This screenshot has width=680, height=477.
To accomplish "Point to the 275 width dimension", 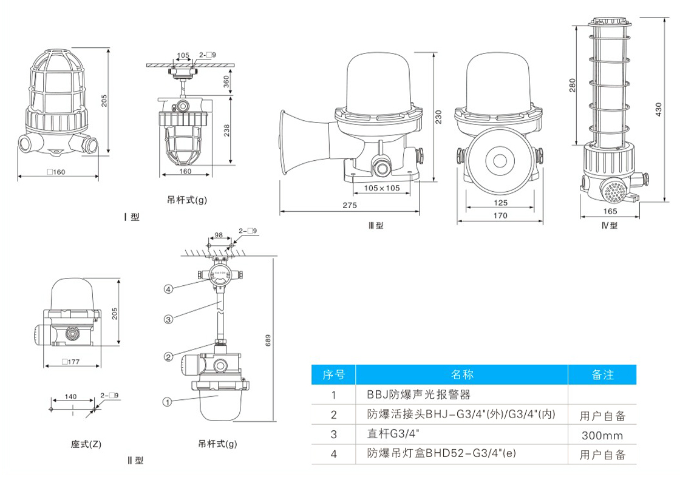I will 349,206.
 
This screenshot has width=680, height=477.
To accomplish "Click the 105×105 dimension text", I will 382,188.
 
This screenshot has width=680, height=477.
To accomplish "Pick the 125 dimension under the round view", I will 500,203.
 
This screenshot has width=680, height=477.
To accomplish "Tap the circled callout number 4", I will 168,289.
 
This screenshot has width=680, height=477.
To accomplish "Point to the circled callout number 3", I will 168,319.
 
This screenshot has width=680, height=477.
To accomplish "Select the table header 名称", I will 462,374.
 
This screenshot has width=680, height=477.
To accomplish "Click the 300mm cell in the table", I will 602,435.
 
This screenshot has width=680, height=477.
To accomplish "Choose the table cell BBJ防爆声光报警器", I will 419,395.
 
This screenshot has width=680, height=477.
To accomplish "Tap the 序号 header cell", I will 333,374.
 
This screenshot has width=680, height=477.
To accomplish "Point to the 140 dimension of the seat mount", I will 70,396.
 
